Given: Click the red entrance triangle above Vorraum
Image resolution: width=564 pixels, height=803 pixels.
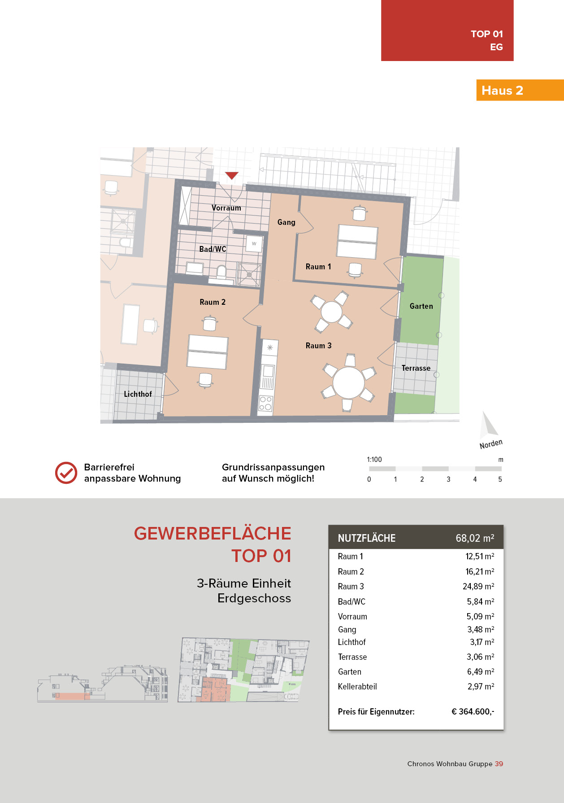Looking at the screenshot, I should point(232,176).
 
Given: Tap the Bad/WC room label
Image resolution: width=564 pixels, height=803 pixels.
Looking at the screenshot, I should point(213,249).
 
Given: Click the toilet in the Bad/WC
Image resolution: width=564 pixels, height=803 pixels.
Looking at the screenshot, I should point(221,272).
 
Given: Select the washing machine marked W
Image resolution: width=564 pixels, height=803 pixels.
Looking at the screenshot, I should point(254,244).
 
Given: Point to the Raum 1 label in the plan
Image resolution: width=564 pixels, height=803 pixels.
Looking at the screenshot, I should point(318,267).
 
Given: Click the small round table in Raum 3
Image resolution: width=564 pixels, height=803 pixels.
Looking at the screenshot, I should point(331,312).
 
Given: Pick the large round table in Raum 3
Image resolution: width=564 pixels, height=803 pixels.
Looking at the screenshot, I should point(348,382).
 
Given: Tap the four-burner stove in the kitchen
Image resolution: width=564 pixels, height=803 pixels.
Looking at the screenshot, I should point(265,403).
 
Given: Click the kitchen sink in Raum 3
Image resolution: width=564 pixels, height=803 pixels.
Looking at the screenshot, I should point(268,371).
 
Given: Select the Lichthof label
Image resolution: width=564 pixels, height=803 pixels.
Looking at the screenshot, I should point(138,394).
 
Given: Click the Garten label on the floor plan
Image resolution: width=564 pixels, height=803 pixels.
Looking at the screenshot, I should point(421,306).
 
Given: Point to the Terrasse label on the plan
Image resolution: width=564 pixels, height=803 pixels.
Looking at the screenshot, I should point(416,368).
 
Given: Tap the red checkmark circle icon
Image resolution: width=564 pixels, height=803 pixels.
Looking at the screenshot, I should point(66,473).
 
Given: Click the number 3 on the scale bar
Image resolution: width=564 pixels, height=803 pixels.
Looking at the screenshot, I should point(448,479).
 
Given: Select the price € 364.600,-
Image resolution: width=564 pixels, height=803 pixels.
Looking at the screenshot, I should point(473,711).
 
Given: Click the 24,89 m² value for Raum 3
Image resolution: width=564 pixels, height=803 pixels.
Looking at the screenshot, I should point(478,586).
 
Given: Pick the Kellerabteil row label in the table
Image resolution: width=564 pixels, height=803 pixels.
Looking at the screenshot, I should point(357,686).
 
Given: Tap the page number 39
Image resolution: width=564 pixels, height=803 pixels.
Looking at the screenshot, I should point(499,764).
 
